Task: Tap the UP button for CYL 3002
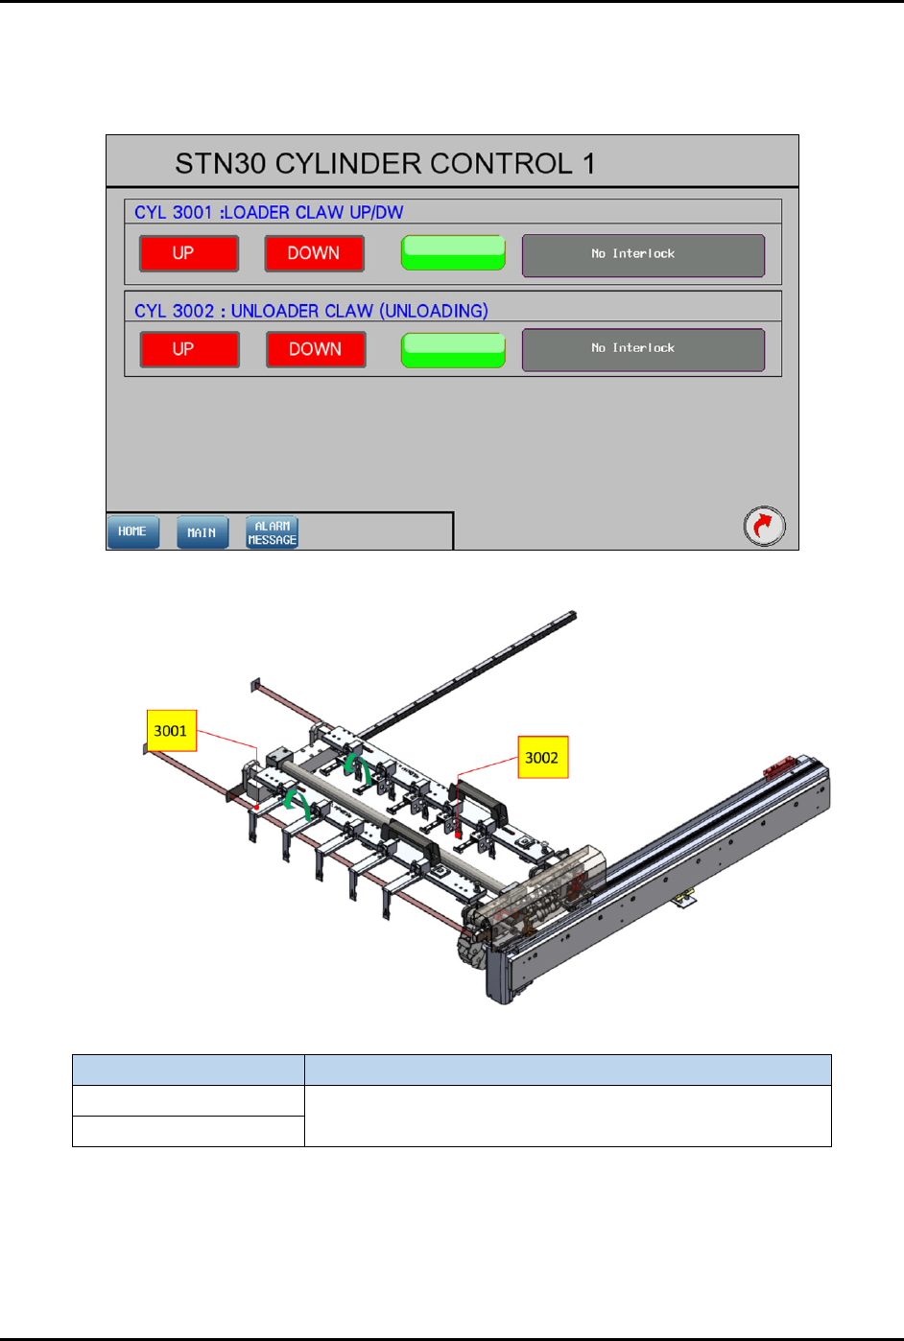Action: pos(189,349)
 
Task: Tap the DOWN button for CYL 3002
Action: pos(316,349)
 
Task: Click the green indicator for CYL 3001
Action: pos(453,253)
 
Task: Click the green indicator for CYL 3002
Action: pos(453,350)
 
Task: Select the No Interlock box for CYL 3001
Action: pos(643,255)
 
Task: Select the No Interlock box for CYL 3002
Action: pos(643,349)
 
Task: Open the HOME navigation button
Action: pos(133,531)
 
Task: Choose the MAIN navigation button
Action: pos(202,532)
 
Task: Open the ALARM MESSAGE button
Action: pos(272,532)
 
